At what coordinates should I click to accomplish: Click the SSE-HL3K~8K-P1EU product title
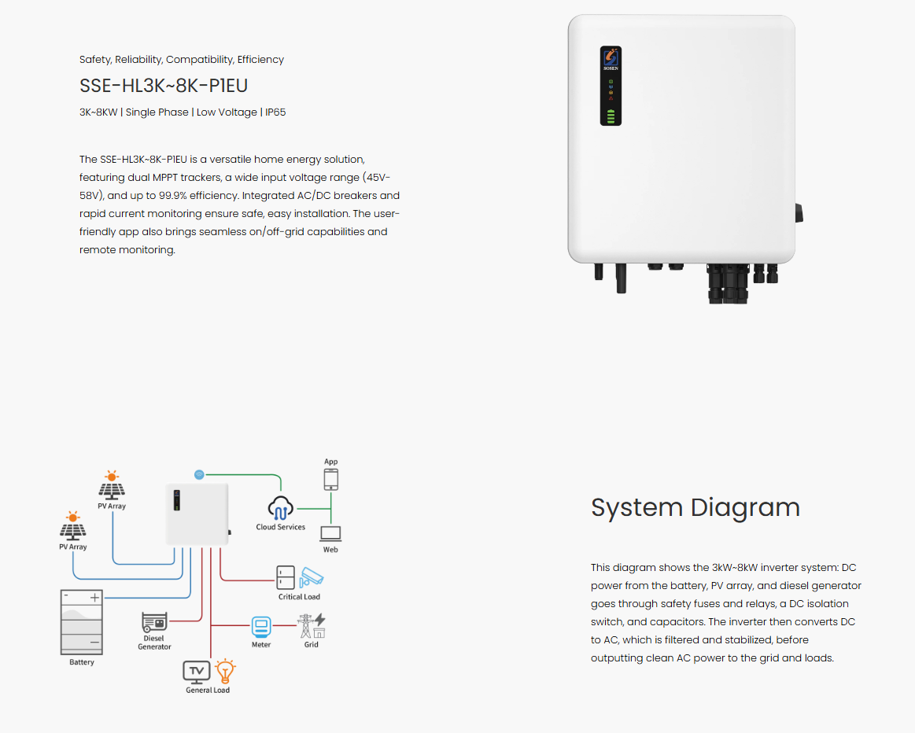tap(164, 86)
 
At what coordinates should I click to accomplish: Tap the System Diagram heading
tap(695, 507)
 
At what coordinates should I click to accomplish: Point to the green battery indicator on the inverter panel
tap(611, 116)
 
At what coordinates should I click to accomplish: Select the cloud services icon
tap(281, 508)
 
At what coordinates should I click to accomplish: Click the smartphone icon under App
tap(331, 480)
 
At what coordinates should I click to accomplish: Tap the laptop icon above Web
tap(331, 534)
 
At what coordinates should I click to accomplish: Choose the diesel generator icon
tap(155, 622)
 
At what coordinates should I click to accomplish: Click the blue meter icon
tap(261, 628)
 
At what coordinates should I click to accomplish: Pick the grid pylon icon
tap(312, 626)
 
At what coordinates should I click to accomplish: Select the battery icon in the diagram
tap(82, 622)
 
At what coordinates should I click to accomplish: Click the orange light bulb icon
tap(225, 671)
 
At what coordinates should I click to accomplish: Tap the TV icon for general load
tap(197, 672)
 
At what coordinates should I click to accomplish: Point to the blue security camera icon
tap(311, 577)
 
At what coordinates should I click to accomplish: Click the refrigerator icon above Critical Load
tap(286, 578)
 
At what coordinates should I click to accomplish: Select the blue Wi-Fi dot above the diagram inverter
tap(200, 475)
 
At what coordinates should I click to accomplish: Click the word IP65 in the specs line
tap(275, 112)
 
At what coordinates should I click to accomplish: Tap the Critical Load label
tap(299, 597)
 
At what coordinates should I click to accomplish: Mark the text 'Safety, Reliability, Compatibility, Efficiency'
tap(182, 60)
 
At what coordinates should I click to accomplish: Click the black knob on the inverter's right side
tap(799, 213)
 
